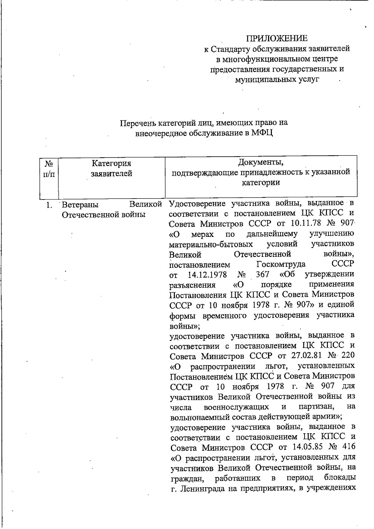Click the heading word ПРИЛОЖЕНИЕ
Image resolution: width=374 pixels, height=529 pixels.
coord(277,38)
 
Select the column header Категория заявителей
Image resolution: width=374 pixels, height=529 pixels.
coord(111,168)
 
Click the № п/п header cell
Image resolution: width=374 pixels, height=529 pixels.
coord(49,168)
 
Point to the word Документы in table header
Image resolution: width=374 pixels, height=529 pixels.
coord(261,162)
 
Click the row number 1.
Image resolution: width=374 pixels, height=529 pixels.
coord(48,205)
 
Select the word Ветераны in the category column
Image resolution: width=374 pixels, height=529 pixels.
coord(80,205)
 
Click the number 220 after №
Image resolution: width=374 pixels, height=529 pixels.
coord(348,355)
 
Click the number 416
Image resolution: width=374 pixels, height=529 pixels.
coord(348,447)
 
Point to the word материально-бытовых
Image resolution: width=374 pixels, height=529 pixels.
coord(211,243)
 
